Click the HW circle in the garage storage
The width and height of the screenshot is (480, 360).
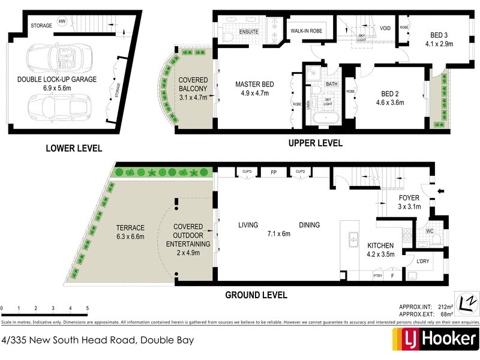[x=62, y=22]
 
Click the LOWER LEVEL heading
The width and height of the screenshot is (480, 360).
[x=73, y=148]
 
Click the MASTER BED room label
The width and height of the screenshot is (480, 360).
[x=254, y=85]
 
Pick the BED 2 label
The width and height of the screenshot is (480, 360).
[x=392, y=94]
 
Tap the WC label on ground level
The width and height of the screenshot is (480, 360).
[x=429, y=230]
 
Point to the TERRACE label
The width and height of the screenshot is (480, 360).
[x=130, y=228]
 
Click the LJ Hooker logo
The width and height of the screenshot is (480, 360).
[x=435, y=340]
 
